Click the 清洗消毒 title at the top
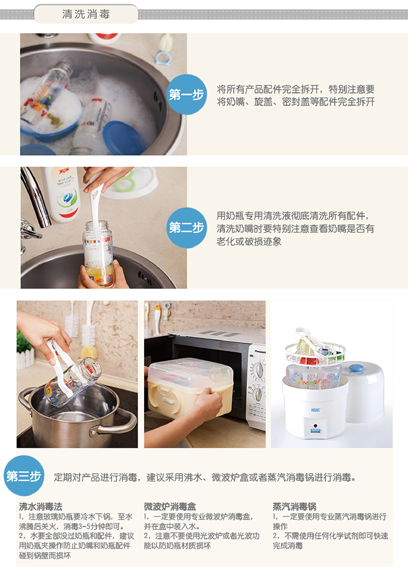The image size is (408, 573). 86,14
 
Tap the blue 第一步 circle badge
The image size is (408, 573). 186,95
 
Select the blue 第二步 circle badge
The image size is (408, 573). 186,228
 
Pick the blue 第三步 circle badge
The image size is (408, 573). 24,476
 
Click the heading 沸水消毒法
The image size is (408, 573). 40,506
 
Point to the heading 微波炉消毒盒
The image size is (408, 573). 170,506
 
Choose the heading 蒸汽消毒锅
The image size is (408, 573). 294,506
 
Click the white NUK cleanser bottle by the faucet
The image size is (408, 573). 62,194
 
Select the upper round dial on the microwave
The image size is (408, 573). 258,370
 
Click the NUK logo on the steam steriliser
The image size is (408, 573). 316,410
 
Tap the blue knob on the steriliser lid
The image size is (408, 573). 356,368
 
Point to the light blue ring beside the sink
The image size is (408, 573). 163,58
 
